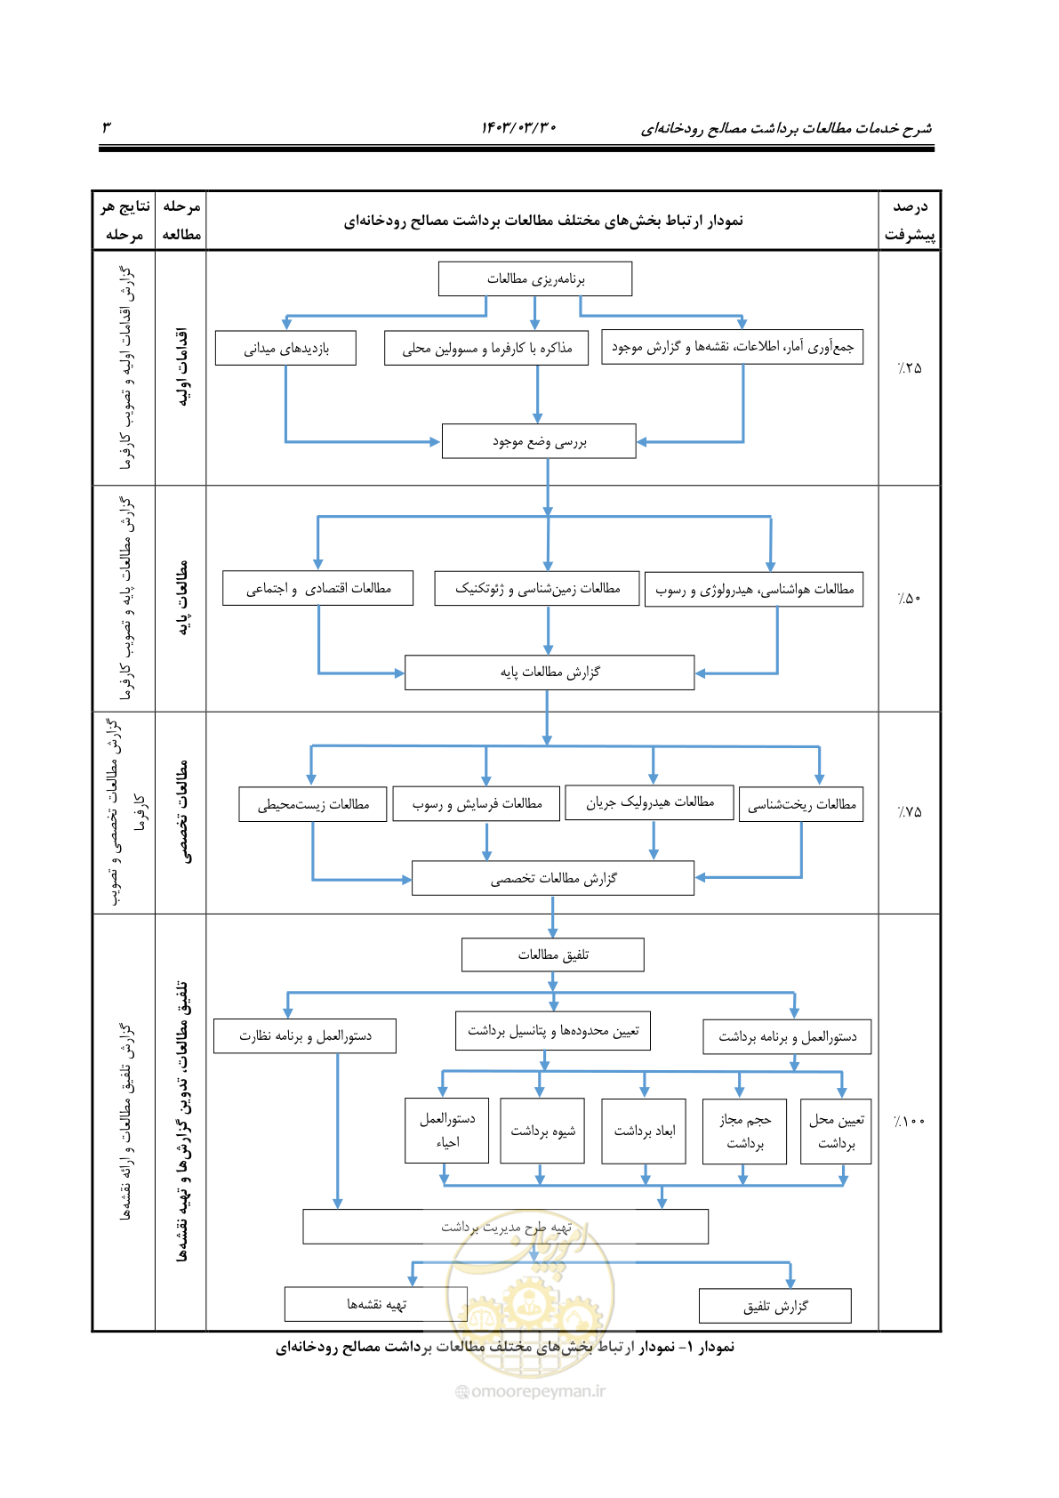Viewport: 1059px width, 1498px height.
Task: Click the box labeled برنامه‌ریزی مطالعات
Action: coord(535,278)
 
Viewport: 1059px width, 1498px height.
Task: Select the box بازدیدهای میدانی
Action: coord(285,348)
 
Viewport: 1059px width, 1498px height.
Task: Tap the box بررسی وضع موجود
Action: coord(539,440)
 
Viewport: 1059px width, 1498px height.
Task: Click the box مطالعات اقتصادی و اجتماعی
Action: coord(317,588)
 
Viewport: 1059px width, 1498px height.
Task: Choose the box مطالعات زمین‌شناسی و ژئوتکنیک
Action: coord(537,588)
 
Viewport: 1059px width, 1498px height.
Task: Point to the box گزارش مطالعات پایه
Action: coord(550,672)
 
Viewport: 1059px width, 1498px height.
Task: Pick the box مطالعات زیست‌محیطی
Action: coord(313,804)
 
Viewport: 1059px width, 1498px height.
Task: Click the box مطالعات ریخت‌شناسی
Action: coord(801,804)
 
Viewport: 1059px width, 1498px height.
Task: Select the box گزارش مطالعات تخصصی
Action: coord(553,877)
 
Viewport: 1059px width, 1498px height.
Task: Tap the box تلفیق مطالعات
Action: coord(553,954)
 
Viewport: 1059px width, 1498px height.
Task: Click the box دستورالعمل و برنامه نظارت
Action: coord(305,1036)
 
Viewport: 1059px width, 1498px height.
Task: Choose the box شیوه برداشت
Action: coord(542,1131)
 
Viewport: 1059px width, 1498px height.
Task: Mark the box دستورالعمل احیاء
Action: coord(446,1131)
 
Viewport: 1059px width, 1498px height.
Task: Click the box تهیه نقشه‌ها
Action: coord(376,1304)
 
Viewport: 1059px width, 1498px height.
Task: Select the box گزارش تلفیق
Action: coord(774,1305)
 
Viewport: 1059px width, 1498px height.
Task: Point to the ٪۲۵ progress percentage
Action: coord(910,367)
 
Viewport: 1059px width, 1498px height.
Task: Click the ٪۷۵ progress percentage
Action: coord(910,812)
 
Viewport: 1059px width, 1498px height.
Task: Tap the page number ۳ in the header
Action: coord(107,126)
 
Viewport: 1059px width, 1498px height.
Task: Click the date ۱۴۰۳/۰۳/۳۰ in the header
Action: coord(518,127)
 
